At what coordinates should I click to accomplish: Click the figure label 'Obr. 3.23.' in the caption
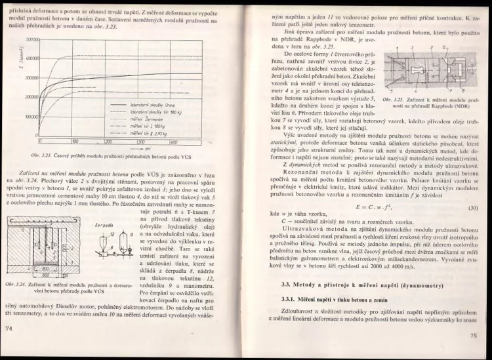pyautogui.click(x=41, y=155)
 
